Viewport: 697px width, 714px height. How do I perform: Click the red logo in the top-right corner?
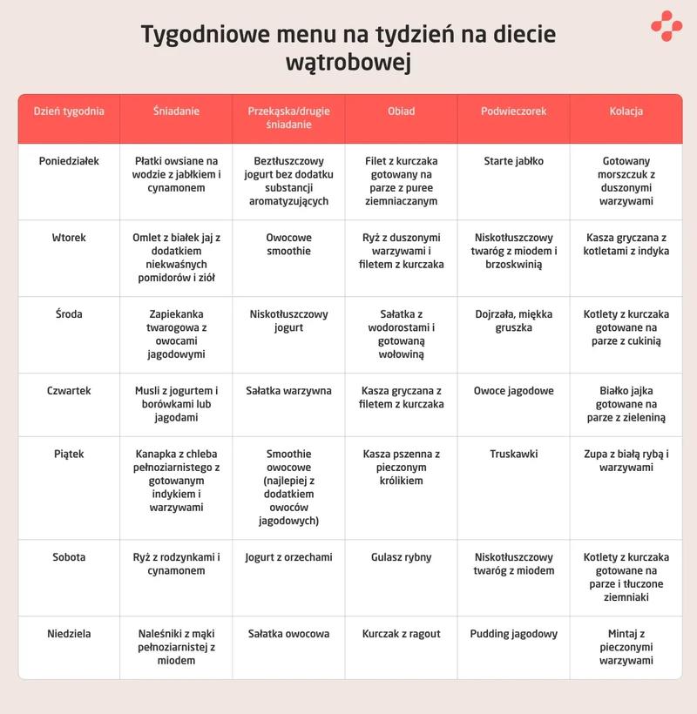[x=667, y=25]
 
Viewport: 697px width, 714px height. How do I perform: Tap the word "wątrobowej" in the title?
[x=348, y=64]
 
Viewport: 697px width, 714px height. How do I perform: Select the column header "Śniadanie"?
[x=176, y=111]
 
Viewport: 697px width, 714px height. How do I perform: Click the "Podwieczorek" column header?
[x=513, y=111]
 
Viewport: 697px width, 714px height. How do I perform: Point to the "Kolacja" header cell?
[x=626, y=111]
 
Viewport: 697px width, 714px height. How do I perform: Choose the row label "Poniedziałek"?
[x=69, y=161]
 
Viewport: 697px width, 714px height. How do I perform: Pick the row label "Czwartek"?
[x=69, y=391]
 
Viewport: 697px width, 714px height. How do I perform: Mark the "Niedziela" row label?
[x=69, y=634]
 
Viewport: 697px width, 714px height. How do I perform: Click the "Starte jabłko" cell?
[x=513, y=161]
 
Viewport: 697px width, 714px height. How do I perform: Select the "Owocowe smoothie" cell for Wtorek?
[x=288, y=244]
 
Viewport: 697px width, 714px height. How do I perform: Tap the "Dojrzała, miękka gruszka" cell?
[x=513, y=321]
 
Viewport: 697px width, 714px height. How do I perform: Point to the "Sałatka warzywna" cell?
[x=288, y=391]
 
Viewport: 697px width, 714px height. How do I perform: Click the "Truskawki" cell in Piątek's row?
[x=513, y=454]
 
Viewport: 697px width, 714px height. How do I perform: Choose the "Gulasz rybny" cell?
[x=401, y=557]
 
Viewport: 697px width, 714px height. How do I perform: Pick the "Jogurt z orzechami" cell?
[x=288, y=557]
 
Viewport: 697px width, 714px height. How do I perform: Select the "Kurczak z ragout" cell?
[x=401, y=634]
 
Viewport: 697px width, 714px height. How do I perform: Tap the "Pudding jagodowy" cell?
[x=513, y=634]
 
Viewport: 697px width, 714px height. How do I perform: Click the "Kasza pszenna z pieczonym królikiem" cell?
[x=401, y=468]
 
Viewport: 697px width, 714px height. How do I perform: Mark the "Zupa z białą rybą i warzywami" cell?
[x=626, y=461]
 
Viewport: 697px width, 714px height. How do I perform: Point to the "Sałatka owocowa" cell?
[x=288, y=634]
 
